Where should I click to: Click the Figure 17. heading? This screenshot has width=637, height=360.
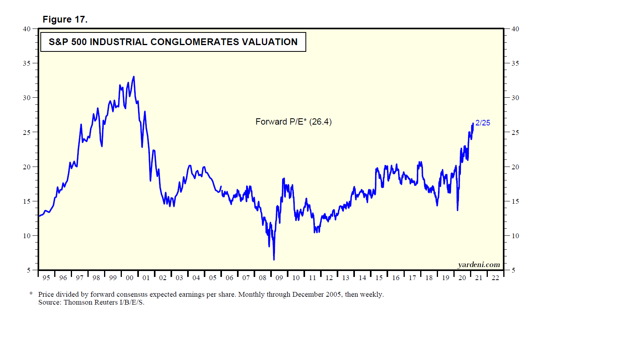65,19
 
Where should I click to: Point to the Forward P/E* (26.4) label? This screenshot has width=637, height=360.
293,122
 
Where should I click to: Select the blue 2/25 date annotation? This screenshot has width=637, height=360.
483,123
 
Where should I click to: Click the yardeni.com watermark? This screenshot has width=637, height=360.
479,265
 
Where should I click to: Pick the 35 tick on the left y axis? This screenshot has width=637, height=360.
27,63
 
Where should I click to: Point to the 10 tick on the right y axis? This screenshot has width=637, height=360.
515,236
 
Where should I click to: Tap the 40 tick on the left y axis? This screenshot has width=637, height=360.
27,29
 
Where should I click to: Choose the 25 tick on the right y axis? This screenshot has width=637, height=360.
515,133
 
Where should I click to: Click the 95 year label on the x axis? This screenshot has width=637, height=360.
46,278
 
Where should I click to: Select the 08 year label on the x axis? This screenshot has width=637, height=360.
263,278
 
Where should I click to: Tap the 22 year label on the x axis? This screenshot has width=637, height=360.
495,278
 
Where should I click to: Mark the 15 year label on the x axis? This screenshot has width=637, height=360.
379,278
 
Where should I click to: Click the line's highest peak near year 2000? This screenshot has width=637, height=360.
134,77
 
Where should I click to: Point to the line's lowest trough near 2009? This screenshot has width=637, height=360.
274,260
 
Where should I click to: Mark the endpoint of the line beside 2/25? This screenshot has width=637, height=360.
473,123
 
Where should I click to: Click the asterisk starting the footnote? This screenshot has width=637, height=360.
31,294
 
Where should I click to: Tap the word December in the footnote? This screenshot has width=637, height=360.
308,294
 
